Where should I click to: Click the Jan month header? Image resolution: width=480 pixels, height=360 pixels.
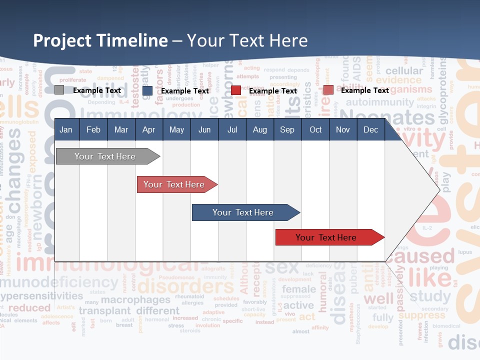click(66, 130)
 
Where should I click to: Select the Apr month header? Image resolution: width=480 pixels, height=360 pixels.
click(148, 130)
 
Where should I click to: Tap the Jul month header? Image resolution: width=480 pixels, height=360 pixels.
click(232, 130)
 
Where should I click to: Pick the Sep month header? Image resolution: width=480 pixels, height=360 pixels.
click(287, 130)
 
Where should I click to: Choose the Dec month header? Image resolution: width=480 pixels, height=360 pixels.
click(370, 130)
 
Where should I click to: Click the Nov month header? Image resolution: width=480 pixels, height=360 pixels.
click(342, 130)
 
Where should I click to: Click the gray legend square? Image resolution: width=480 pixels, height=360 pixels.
click(59, 90)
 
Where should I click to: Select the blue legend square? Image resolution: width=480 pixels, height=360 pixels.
click(147, 91)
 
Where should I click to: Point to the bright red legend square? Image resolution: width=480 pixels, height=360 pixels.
click(236, 91)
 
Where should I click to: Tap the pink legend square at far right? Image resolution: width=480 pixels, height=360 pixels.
click(328, 90)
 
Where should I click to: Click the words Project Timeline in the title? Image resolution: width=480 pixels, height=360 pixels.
click(100, 40)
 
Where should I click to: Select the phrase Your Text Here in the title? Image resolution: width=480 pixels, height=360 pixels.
click(247, 40)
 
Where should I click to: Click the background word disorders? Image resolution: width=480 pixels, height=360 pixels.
click(185, 287)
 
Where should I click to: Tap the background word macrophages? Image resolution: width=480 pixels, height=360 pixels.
click(135, 300)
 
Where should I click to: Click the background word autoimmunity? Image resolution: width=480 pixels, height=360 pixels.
click(379, 102)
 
